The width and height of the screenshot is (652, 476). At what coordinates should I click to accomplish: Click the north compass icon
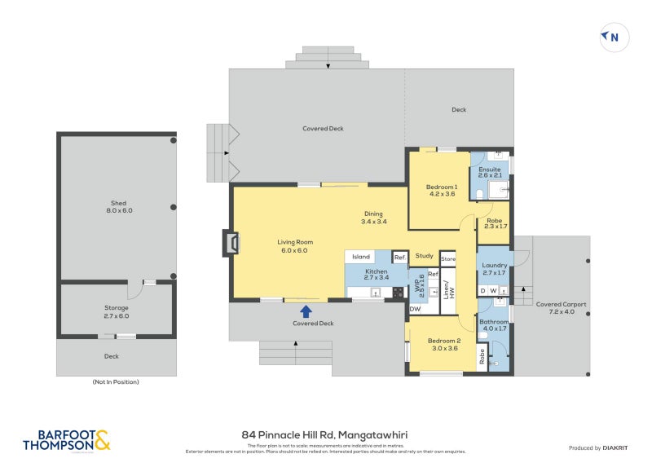[612, 37]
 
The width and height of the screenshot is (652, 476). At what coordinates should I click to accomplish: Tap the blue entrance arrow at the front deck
[306, 311]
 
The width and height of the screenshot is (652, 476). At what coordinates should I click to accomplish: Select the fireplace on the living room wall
[231, 243]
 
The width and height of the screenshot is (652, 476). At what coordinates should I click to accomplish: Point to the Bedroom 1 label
[442, 191]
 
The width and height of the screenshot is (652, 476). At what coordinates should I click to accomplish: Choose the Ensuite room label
[490, 172]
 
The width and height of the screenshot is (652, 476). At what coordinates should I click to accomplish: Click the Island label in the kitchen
[361, 257]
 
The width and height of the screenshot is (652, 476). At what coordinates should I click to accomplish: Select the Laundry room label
[494, 269]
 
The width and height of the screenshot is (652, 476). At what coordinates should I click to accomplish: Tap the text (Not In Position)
[117, 381]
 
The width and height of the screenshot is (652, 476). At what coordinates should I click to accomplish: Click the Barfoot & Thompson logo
[66, 442]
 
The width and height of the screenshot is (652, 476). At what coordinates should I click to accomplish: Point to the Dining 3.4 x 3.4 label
[373, 218]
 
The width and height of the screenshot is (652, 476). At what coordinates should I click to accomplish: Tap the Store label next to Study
[448, 259]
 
